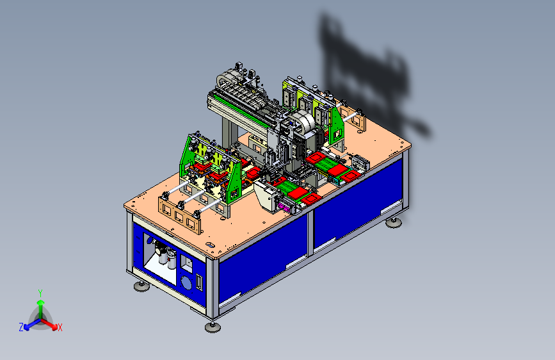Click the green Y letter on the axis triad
[x=40, y=293]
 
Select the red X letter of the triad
[x=60, y=328]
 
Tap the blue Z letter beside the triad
[x=21, y=327]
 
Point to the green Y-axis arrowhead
[x=41, y=302]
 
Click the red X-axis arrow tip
[x=54, y=327]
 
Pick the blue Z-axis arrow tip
[x=27, y=328]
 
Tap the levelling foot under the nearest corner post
[x=213, y=327]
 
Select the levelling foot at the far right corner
[x=394, y=222]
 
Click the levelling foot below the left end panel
[x=141, y=286]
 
